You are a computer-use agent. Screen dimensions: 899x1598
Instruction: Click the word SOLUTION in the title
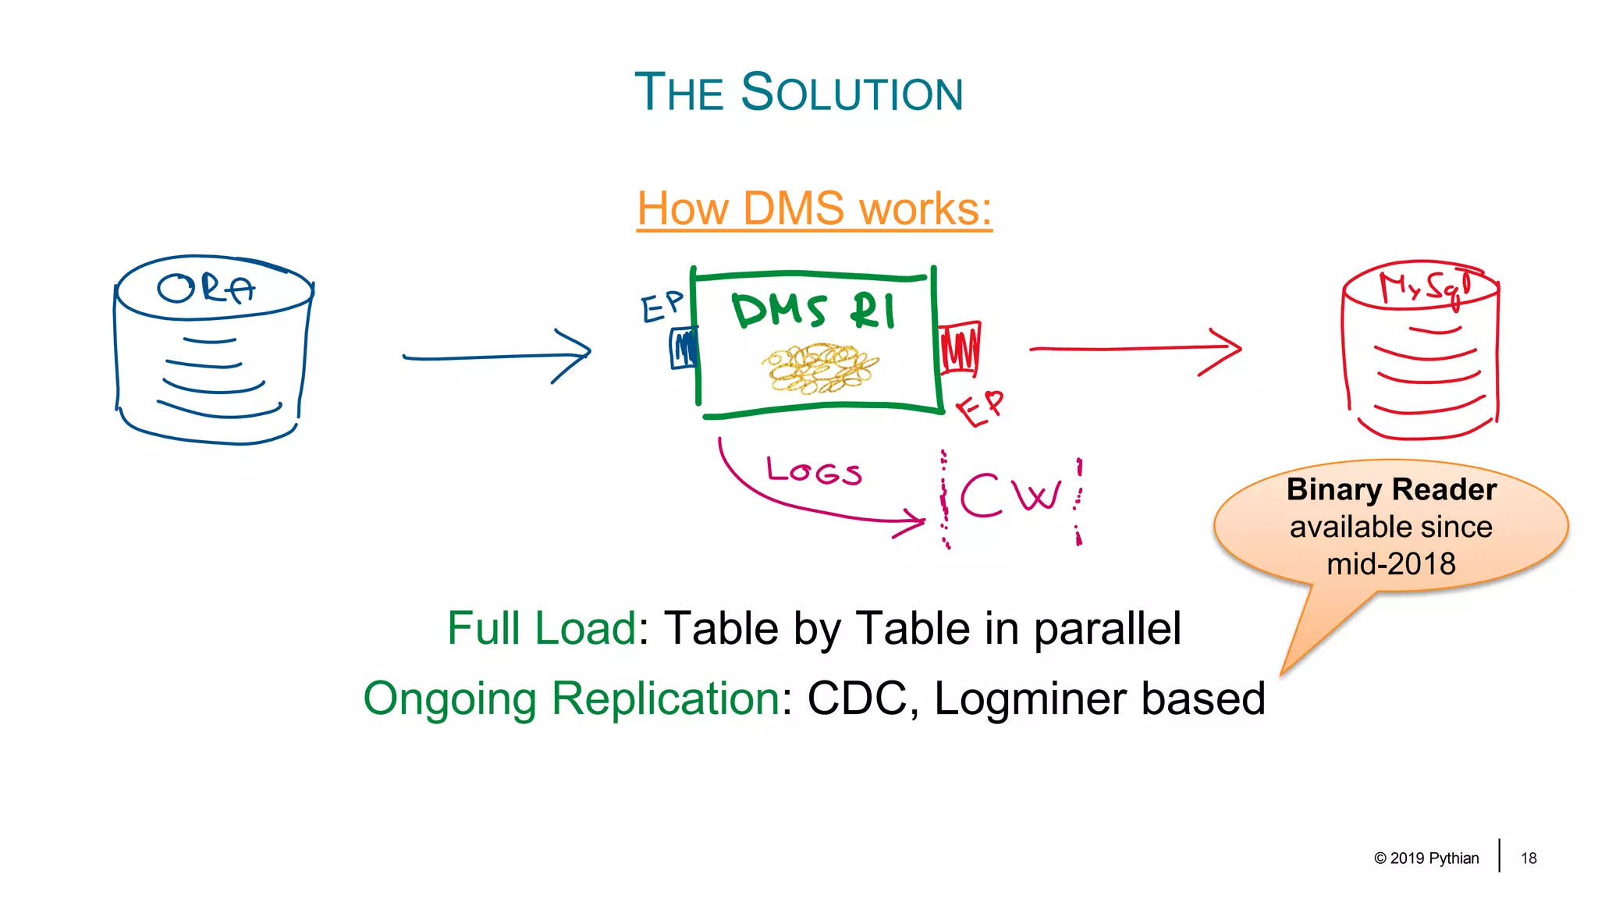[x=852, y=93]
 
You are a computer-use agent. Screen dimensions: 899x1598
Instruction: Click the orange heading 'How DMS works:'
[x=814, y=208]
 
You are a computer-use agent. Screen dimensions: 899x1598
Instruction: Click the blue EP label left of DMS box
[x=662, y=307]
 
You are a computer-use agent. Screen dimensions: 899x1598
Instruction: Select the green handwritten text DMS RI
[x=813, y=311]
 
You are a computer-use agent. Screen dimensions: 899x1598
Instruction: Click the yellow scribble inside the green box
[x=819, y=368]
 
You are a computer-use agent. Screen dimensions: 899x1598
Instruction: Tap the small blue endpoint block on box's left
[x=684, y=348]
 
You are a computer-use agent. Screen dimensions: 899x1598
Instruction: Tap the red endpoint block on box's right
[x=960, y=347]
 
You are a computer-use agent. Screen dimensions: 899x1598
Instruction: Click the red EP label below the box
[x=980, y=408]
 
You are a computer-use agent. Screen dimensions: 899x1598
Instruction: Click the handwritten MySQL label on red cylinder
[x=1425, y=286]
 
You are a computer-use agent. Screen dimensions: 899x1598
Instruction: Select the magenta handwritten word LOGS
[x=814, y=471]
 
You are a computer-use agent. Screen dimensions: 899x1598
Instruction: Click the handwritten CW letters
[x=1010, y=495]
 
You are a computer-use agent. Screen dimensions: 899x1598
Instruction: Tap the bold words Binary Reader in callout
[x=1391, y=489]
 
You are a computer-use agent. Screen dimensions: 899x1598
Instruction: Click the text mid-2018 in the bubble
[x=1391, y=563]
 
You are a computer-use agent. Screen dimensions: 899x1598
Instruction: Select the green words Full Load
[x=542, y=628]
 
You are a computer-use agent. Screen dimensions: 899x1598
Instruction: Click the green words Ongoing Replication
[x=571, y=698]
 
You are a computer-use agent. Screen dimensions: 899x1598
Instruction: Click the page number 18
[x=1529, y=858]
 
